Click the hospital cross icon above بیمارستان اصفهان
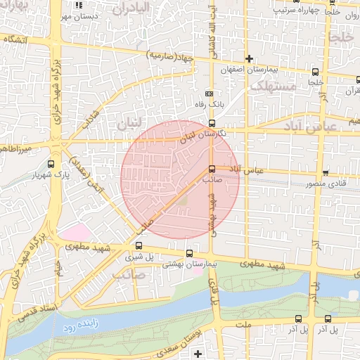tap(248, 58)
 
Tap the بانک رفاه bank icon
tap(209, 93)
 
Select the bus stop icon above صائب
tap(212, 168)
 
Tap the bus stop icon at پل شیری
tap(139, 245)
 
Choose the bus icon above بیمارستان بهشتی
tap(188, 253)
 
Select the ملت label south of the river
tap(244, 324)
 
